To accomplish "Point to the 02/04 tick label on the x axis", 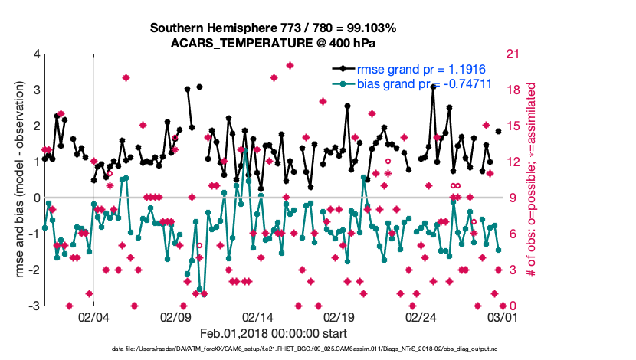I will [93, 317].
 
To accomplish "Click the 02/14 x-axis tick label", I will [257, 317].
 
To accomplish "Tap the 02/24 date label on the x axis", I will [421, 317].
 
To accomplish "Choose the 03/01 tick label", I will [503, 317].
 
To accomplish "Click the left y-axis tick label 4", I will [36, 54].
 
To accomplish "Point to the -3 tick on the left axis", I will [34, 306].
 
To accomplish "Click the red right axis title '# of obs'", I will [529, 180].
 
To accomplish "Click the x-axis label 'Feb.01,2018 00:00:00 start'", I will [273, 334].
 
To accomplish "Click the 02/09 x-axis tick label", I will [175, 317].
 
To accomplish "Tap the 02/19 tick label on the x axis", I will [339, 317].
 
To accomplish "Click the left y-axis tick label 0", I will [36, 198].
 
